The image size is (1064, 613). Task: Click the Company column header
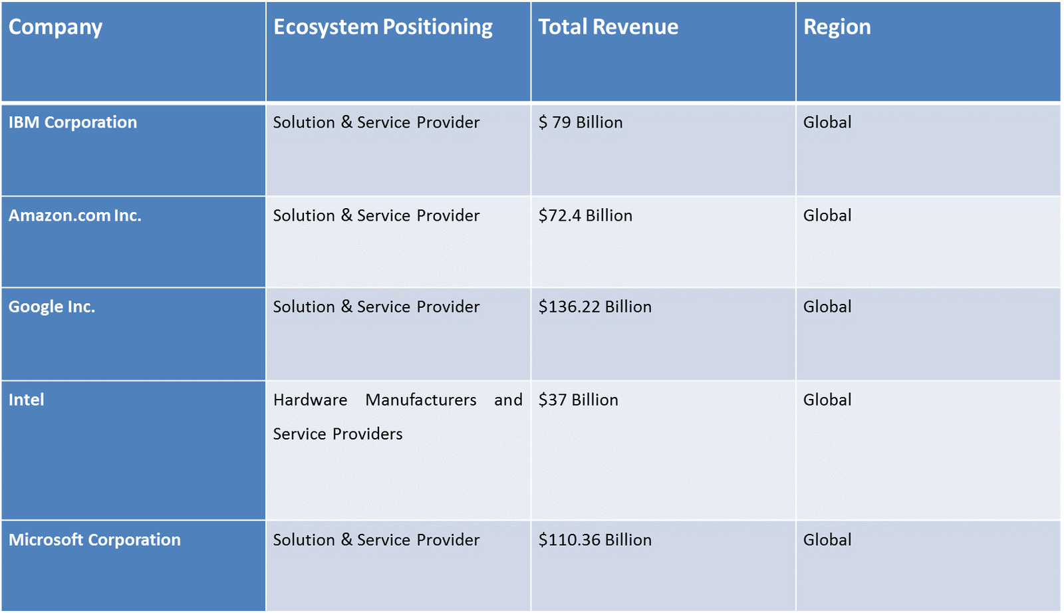click(x=55, y=27)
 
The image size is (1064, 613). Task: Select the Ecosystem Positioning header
click(x=382, y=27)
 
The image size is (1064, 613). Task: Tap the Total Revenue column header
click(x=608, y=27)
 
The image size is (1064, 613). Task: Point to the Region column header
click(x=837, y=27)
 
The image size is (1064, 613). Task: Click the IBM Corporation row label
click(x=72, y=122)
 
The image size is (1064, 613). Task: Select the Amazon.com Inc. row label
click(x=74, y=215)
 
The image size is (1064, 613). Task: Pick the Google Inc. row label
click(x=52, y=306)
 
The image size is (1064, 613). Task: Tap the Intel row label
click(x=26, y=400)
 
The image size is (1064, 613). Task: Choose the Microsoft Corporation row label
click(x=94, y=540)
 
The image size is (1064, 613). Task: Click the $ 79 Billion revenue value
click(x=581, y=122)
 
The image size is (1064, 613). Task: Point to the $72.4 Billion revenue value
click(x=585, y=215)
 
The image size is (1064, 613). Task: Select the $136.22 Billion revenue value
click(x=595, y=306)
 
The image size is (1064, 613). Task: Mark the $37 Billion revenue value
click(x=578, y=400)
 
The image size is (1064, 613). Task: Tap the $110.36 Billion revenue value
click(x=595, y=540)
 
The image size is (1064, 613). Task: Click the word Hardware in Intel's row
click(x=310, y=400)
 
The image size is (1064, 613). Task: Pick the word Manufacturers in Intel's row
click(x=421, y=400)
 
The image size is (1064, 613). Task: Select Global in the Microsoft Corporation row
click(x=827, y=540)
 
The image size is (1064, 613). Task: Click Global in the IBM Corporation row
click(x=827, y=122)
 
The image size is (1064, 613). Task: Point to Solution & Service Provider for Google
click(x=376, y=306)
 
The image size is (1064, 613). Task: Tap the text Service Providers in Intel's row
click(x=338, y=434)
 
